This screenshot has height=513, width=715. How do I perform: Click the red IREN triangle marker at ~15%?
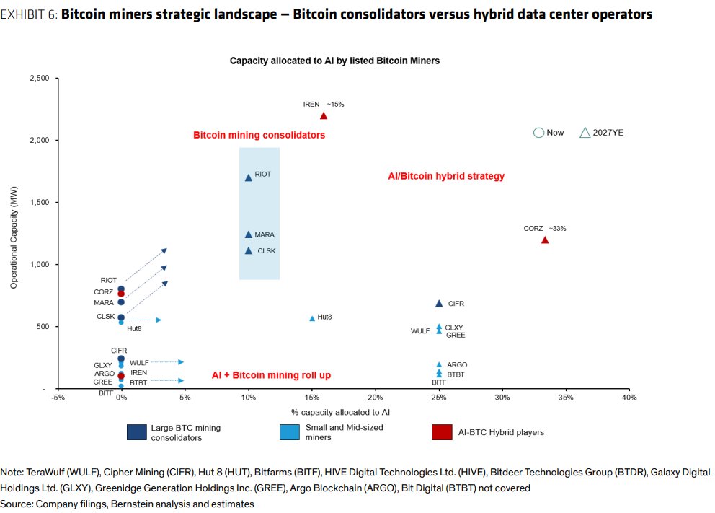coord(324,115)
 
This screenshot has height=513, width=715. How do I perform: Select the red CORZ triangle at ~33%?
coord(545,240)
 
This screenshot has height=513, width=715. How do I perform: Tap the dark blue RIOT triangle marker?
coord(249,177)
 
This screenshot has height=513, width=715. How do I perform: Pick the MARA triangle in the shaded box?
coord(249,234)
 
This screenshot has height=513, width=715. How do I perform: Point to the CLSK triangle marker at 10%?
coord(249,251)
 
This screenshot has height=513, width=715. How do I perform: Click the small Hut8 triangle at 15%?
coord(312,318)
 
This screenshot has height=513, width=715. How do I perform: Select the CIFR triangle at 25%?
coord(439,304)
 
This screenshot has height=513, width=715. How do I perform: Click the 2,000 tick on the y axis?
coord(37,140)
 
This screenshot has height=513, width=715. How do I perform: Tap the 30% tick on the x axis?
coord(502,398)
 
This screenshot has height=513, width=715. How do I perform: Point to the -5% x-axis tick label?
coord(58,398)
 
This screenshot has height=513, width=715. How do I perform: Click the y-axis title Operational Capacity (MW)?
coord(13,234)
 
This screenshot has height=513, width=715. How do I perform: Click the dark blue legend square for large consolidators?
coord(136,431)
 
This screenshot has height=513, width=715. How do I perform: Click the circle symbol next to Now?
coord(538,133)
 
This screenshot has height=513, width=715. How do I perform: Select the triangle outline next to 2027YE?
coord(585,133)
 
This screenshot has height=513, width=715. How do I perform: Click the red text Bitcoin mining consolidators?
coord(259,135)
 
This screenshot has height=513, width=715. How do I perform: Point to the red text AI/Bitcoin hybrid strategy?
coord(446,176)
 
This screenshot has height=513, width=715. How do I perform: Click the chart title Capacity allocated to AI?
coord(334,61)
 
